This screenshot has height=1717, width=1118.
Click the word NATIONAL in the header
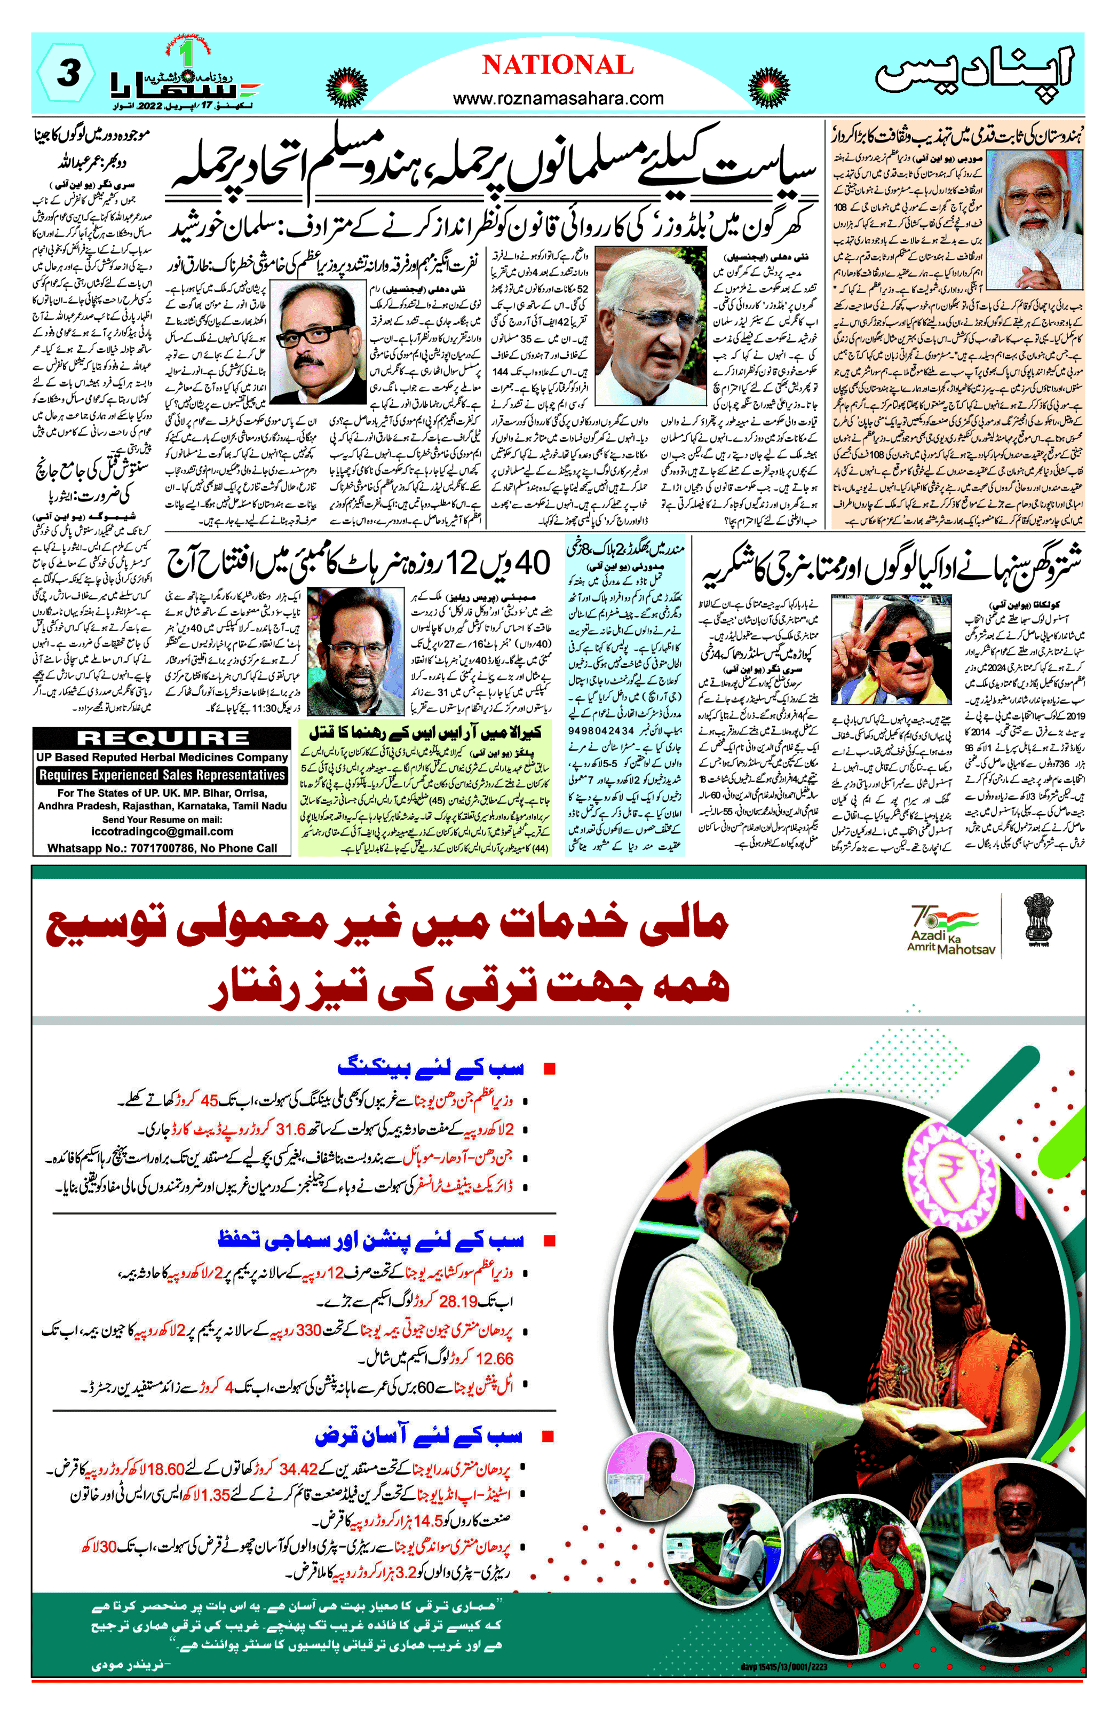[x=558, y=66]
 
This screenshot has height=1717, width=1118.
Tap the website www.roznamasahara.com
[x=558, y=98]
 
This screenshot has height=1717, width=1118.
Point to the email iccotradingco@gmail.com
[x=162, y=831]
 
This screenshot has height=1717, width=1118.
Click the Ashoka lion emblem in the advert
[x=1038, y=920]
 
